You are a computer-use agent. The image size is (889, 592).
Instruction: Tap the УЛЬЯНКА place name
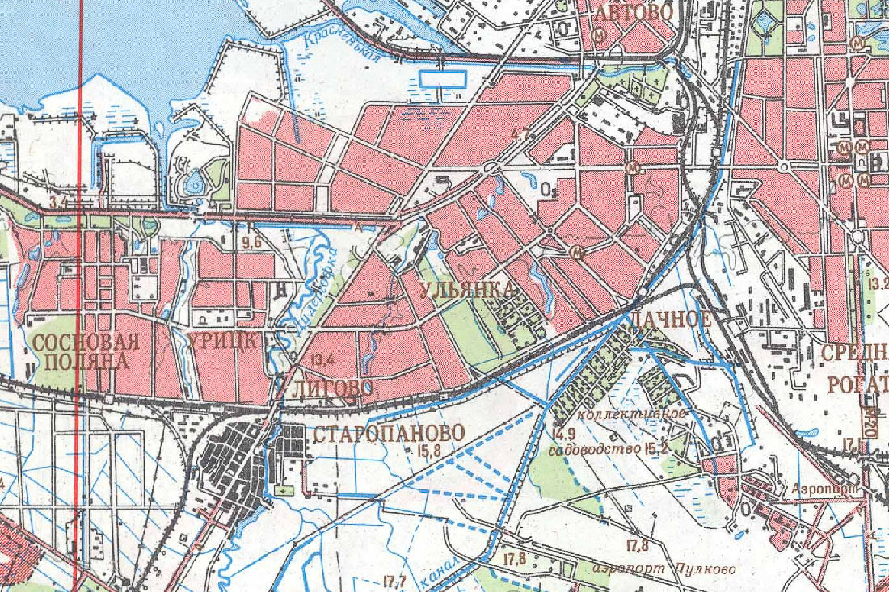click(466, 290)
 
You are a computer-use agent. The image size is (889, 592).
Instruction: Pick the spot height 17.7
click(395, 580)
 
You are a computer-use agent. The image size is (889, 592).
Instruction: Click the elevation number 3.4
click(57, 200)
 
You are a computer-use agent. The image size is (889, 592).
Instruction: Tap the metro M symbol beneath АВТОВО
click(600, 36)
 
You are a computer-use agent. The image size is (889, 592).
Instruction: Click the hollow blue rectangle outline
click(443, 78)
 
